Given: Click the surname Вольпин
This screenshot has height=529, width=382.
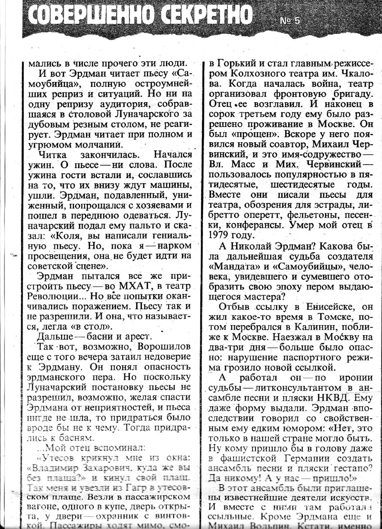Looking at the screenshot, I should [x=268, y=525].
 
